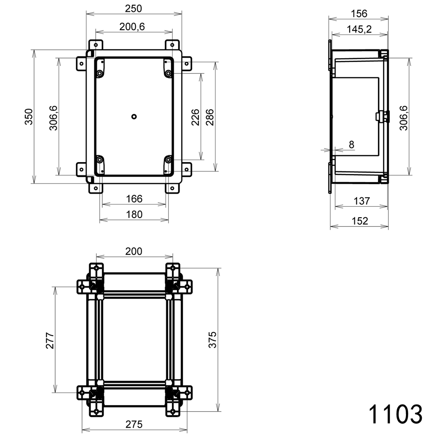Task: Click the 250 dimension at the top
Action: (x=134, y=8)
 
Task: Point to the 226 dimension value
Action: (x=195, y=117)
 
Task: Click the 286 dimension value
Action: (x=210, y=117)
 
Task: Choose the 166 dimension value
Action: (x=134, y=199)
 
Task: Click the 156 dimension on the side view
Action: (x=359, y=14)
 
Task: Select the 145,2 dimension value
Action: (x=359, y=29)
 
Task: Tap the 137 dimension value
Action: (x=361, y=201)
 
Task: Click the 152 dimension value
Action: (x=360, y=221)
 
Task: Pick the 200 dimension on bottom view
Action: (x=134, y=251)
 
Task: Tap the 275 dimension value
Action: (x=134, y=424)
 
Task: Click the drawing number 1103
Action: (x=395, y=413)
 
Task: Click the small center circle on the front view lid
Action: (x=134, y=116)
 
